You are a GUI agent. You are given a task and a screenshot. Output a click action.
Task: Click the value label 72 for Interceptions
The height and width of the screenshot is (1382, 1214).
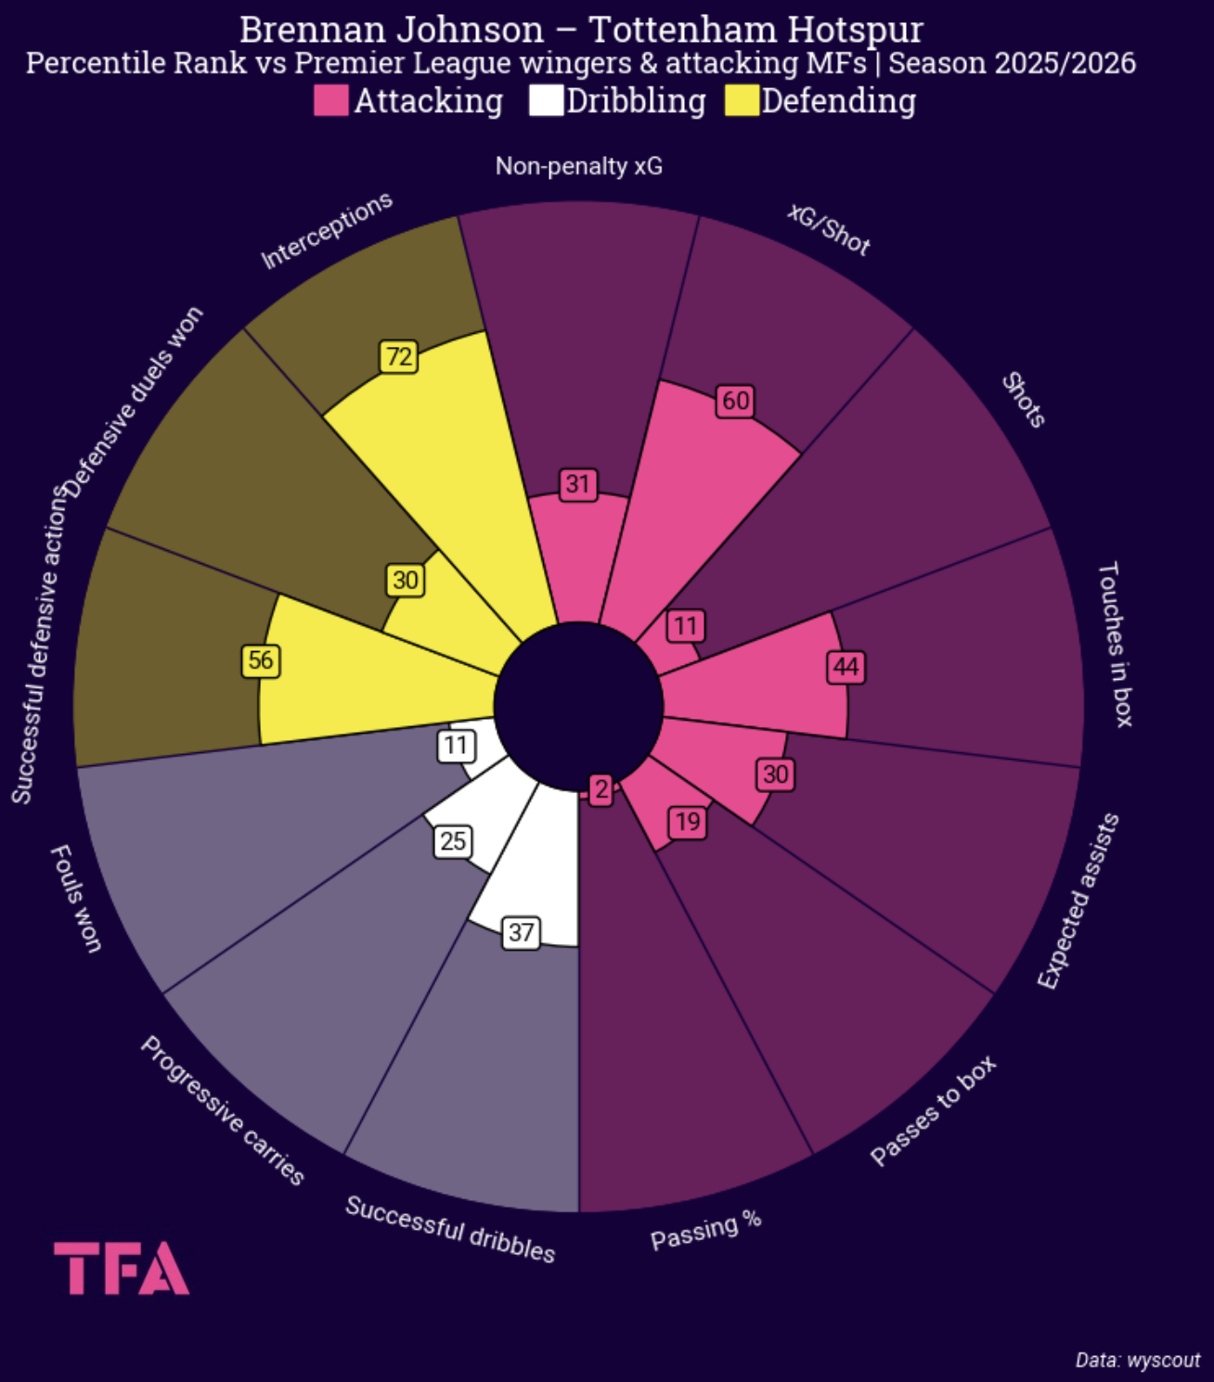point(399,357)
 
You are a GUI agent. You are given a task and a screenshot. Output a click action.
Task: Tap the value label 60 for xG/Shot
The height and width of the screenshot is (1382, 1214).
point(735,401)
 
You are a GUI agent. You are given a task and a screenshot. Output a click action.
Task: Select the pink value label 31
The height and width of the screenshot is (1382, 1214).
point(578,484)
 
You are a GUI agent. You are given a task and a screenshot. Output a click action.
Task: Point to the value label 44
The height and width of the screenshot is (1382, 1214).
point(846,667)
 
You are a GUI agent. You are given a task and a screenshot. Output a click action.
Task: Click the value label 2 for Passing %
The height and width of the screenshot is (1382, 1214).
point(601,789)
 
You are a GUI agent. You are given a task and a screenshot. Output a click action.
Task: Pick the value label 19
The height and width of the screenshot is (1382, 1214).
point(688,822)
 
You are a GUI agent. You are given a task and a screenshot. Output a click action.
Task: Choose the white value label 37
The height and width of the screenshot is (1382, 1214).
point(521,932)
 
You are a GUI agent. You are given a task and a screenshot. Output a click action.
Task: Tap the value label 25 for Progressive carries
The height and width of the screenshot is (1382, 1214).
point(453,841)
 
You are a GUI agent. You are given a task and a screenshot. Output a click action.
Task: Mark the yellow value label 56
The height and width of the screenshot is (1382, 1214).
point(261,660)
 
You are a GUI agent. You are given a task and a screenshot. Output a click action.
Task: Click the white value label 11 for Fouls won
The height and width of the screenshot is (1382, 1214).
point(456,746)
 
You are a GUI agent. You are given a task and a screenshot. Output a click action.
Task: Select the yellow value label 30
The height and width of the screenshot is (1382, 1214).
point(405,581)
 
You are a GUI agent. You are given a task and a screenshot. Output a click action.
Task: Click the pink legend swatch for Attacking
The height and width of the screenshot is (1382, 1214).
point(330,101)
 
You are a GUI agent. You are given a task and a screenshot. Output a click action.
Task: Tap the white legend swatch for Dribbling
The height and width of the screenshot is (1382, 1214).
point(546,101)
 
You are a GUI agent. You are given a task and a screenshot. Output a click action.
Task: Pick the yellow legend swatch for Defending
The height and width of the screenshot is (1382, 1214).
point(742,101)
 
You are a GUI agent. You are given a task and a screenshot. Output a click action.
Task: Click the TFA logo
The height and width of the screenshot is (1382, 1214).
point(122,1268)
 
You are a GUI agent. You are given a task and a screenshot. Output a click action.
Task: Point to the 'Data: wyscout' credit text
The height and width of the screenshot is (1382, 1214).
point(1137,1360)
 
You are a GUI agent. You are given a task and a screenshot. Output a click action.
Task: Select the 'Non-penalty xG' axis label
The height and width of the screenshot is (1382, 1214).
point(579,166)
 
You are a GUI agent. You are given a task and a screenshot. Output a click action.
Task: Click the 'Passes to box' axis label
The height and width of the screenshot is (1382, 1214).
point(933,1110)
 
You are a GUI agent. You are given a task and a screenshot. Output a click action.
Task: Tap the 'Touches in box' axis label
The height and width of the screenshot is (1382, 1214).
point(1115,644)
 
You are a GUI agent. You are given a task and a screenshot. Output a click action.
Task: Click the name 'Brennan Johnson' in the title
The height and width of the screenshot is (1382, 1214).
point(392,30)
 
